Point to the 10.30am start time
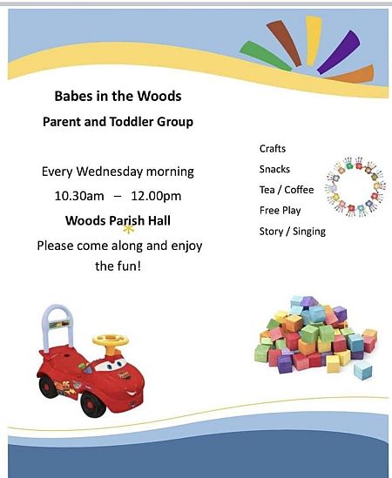pyautogui.click(x=79, y=196)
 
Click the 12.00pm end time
pyautogui.click(x=156, y=196)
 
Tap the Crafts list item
pyautogui.click(x=273, y=149)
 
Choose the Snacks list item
pyautogui.click(x=274, y=169)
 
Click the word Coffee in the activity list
pyautogui.click(x=299, y=190)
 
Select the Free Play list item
pyautogui.click(x=280, y=211)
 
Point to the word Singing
pyautogui.click(x=309, y=232)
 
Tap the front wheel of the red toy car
pyautogui.click(x=92, y=405)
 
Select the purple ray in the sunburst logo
pyautogui.click(x=339, y=52)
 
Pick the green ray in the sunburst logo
pyautogui.click(x=265, y=56)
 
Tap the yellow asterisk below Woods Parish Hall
pyautogui.click(x=128, y=230)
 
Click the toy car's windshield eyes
pyautogui.click(x=111, y=365)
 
